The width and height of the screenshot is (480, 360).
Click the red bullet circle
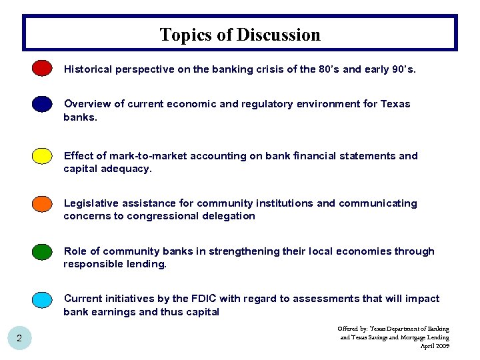coord(43,68)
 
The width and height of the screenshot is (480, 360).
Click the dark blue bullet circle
coord(43,104)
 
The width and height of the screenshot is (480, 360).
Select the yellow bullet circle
coord(43,156)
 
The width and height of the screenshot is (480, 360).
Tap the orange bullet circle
coord(43,203)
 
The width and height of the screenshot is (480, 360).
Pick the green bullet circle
coord(43,251)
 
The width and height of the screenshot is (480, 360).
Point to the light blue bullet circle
coord(43,299)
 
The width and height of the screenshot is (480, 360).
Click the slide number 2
coord(19,339)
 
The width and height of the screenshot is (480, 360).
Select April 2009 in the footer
coord(434,346)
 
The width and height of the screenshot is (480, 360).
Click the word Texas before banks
coord(395,104)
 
